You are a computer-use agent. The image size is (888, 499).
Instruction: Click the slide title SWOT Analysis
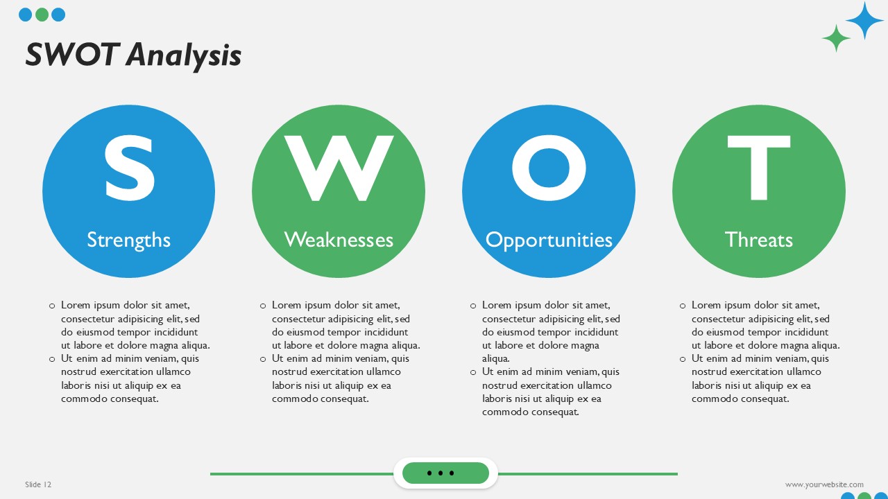tap(133, 55)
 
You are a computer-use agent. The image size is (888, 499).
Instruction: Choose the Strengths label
tap(128, 240)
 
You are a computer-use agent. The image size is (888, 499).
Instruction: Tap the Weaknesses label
tap(339, 240)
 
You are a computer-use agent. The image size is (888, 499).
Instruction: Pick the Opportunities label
tap(549, 240)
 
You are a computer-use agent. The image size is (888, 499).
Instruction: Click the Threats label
tap(758, 240)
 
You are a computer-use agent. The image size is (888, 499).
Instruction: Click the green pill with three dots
tap(445, 473)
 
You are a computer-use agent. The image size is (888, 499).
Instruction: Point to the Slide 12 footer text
tap(38, 484)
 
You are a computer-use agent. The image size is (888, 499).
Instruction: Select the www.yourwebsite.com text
tap(824, 484)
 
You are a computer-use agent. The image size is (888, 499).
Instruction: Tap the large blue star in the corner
tap(864, 21)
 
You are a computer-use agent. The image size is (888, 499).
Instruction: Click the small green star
tap(836, 38)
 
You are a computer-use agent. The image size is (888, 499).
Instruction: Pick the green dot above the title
tap(42, 15)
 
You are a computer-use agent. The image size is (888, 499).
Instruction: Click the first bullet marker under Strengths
tap(52, 306)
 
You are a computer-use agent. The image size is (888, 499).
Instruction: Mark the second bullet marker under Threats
tap(683, 359)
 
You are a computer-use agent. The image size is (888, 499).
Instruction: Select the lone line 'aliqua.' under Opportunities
tap(496, 359)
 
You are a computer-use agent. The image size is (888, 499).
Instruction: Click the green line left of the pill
tap(302, 474)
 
